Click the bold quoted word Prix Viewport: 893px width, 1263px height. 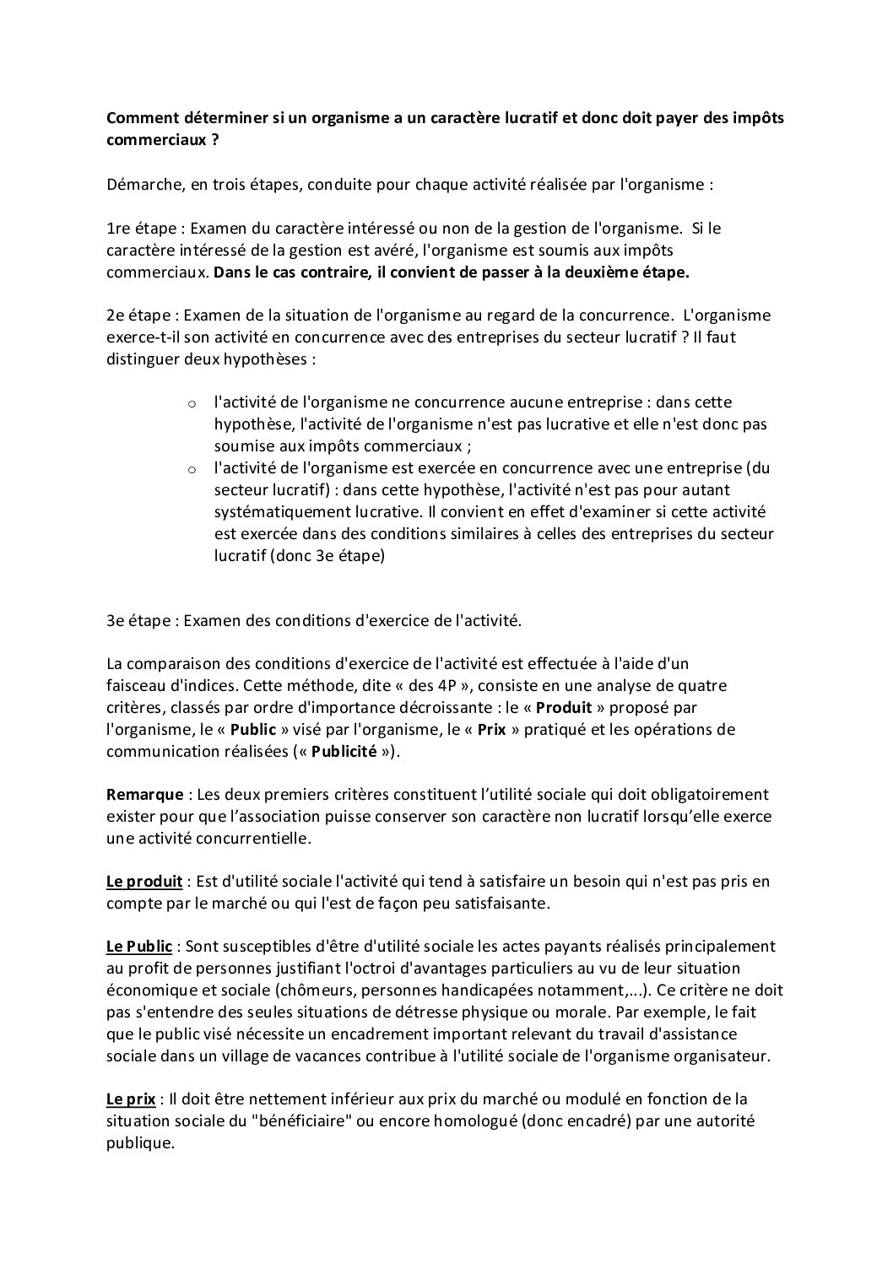(x=491, y=729)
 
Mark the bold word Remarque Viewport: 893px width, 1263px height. (x=144, y=795)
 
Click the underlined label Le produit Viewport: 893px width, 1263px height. (x=144, y=882)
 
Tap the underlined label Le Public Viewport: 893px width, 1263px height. (x=139, y=947)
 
